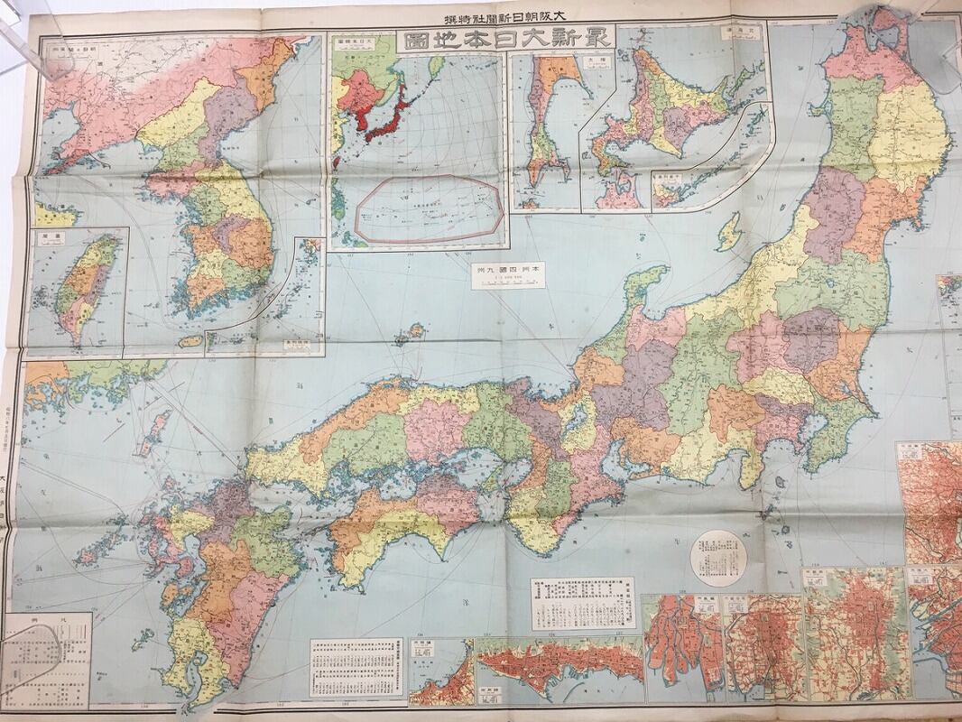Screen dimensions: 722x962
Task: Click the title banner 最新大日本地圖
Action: click(x=507, y=40)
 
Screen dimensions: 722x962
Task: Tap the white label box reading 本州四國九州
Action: click(x=508, y=274)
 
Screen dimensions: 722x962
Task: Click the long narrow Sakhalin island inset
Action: click(x=545, y=126)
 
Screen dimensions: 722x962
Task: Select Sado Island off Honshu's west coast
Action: click(x=728, y=232)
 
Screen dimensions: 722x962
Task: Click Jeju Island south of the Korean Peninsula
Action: click(x=190, y=341)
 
